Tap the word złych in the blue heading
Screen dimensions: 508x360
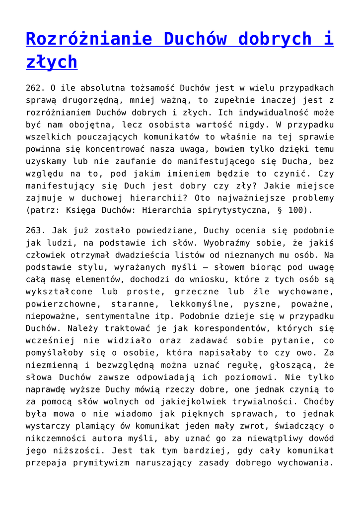(x=52, y=62)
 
